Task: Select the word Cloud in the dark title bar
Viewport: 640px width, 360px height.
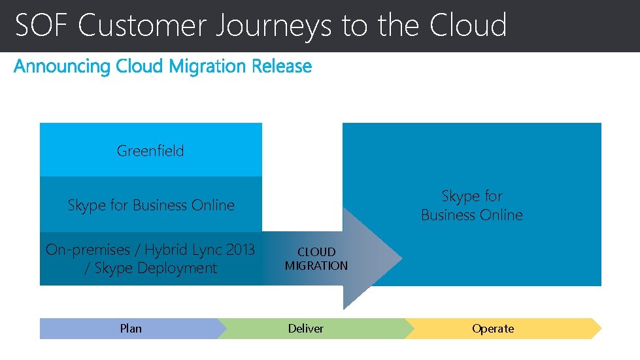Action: pos(468,25)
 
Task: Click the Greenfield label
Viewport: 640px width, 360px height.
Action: pos(150,151)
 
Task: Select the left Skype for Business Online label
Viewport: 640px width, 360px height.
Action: pos(151,205)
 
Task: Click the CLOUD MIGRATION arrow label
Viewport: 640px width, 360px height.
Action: pos(316,259)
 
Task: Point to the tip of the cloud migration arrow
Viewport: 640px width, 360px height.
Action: pos(401,259)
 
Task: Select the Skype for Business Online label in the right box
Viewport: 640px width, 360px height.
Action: pos(472,205)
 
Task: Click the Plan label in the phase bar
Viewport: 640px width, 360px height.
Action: pos(131,329)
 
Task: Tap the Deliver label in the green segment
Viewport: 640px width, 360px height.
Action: pos(306,329)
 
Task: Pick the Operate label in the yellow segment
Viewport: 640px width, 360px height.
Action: pos(493,329)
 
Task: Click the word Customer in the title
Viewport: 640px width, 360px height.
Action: pos(143,25)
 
